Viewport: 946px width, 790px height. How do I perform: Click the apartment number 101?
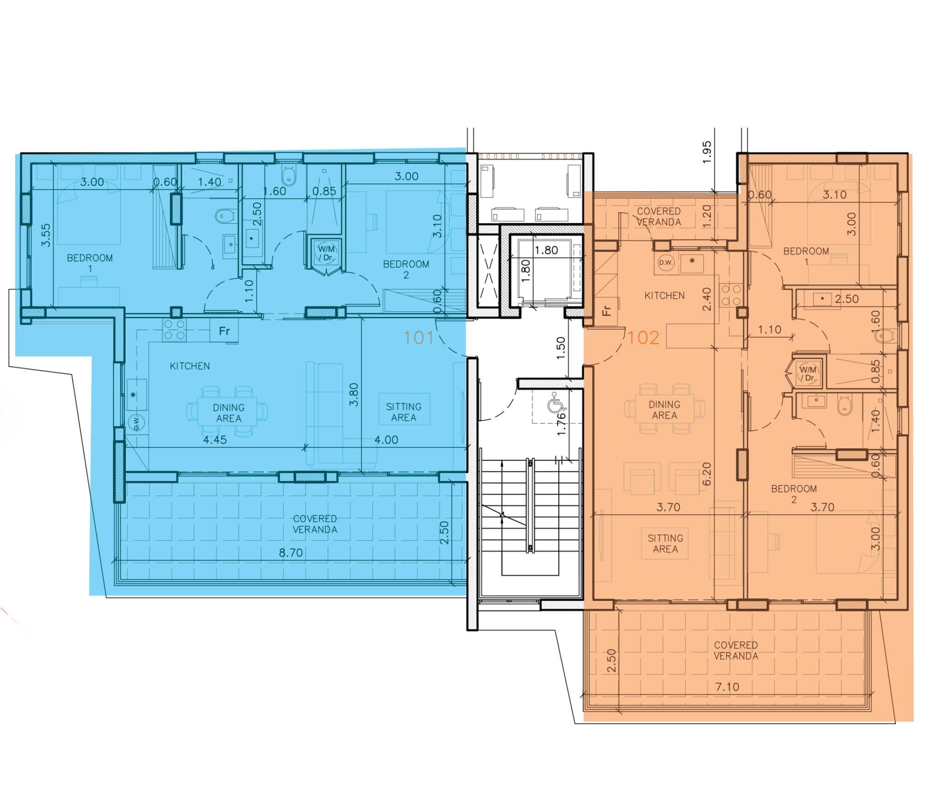(419, 338)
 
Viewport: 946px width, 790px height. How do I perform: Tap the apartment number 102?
(644, 338)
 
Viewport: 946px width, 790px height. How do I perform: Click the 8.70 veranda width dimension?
(290, 552)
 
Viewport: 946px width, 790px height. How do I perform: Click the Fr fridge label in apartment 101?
(225, 331)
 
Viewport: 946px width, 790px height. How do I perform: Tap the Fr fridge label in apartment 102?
(607, 310)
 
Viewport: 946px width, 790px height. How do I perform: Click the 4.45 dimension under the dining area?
(215, 440)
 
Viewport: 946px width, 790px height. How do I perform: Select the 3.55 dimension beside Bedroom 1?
(46, 235)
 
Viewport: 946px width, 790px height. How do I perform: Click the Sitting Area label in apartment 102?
(665, 543)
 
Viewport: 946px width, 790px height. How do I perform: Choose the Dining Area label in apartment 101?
(229, 413)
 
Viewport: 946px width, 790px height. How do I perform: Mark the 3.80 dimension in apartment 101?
(354, 395)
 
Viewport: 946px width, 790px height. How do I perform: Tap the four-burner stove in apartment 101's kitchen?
(174, 330)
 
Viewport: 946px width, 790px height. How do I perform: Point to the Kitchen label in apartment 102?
(664, 295)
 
